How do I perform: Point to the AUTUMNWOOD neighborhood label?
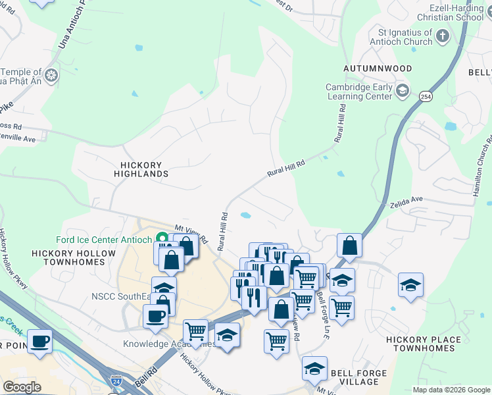[378, 68]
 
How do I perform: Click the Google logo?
[22, 387]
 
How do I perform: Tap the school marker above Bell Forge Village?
[315, 369]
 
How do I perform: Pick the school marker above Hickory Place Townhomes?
[411, 284]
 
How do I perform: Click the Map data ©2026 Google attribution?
[451, 390]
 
